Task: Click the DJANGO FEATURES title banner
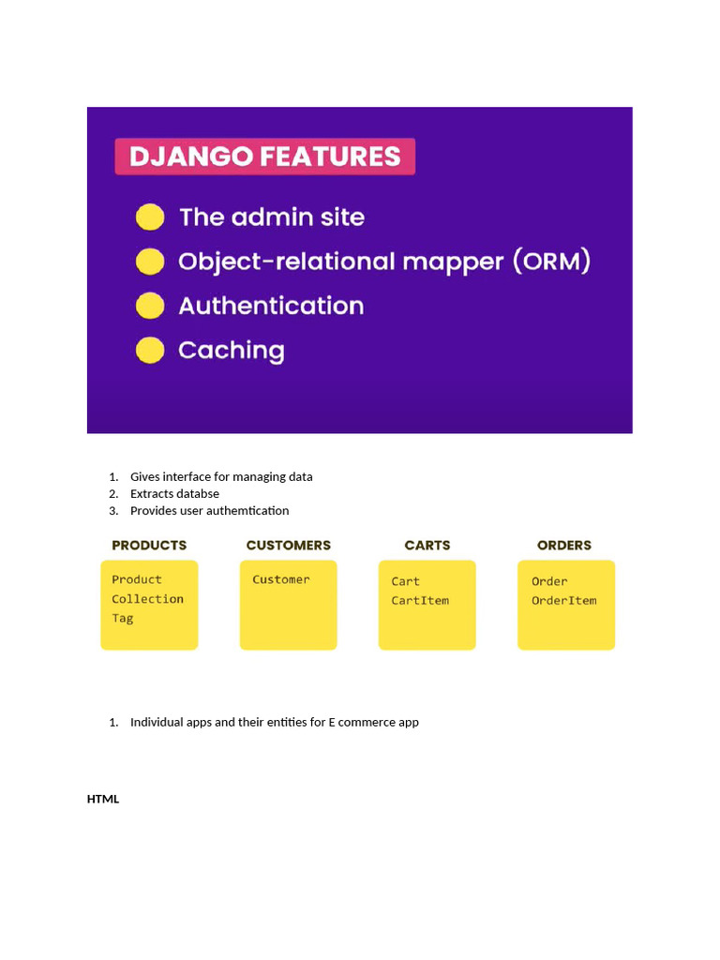[x=265, y=157]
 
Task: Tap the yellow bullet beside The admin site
[x=150, y=217]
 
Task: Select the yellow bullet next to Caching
[x=150, y=351]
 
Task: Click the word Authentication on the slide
[x=271, y=306]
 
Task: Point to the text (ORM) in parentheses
[x=551, y=262]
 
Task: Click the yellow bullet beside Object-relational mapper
[x=150, y=262]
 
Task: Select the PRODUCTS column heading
[x=149, y=546]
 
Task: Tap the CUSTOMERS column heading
[x=288, y=546]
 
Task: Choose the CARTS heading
[x=427, y=546]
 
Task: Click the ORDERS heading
[x=564, y=546]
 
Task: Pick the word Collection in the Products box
[x=147, y=599]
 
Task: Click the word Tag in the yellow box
[x=123, y=619]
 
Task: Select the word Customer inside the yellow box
[x=280, y=580]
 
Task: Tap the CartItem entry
[x=420, y=601]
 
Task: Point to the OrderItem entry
[x=563, y=601]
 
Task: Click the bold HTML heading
[x=103, y=800]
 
